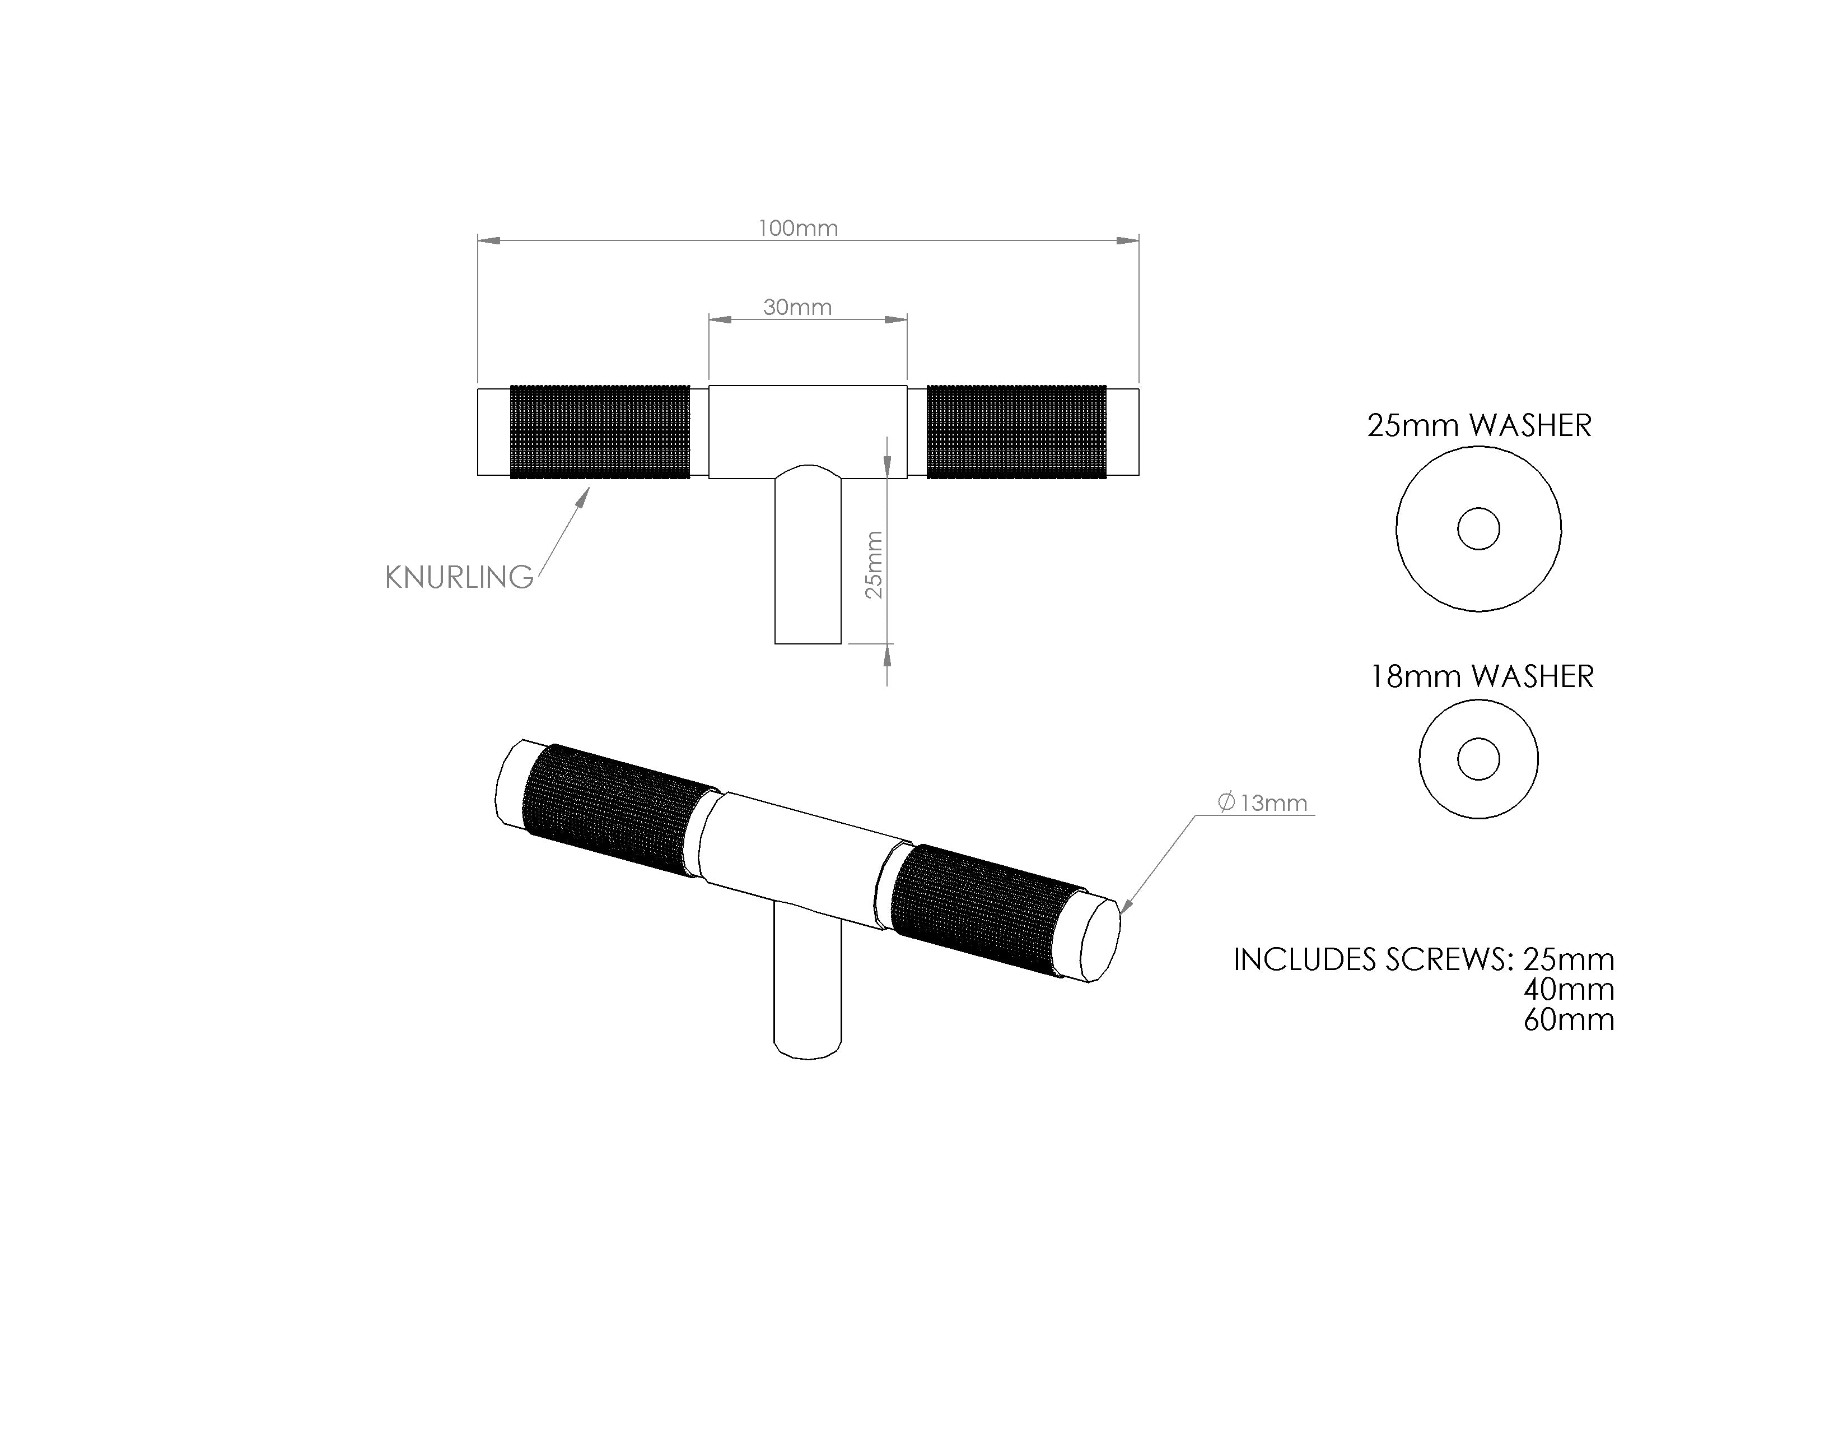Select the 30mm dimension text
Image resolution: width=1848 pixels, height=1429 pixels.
797,307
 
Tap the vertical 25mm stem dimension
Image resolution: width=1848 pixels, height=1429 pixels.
874,565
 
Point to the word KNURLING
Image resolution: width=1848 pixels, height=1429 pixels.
459,577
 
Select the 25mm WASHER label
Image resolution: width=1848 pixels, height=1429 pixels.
1479,425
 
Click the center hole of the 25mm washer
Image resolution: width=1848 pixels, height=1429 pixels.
1478,529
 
